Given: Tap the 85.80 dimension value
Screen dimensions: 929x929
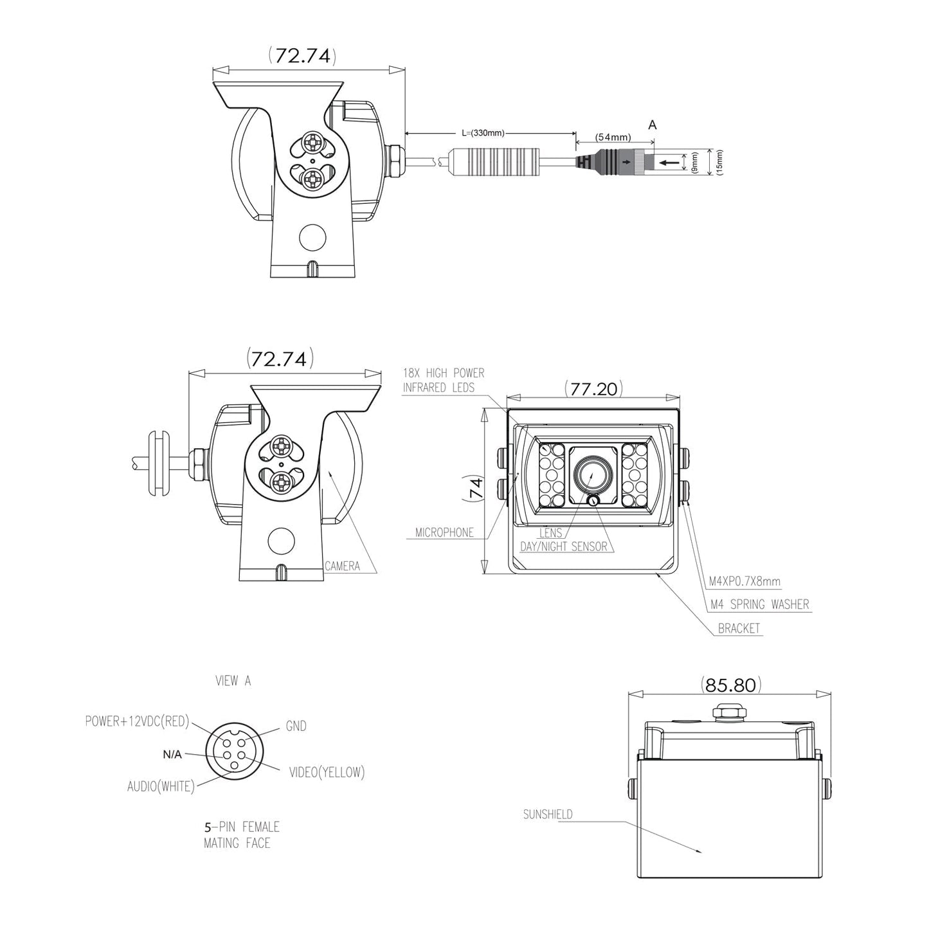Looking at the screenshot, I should (730, 685).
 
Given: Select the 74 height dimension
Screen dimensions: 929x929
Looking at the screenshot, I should (475, 491).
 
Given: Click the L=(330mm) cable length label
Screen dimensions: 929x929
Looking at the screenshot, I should (483, 133).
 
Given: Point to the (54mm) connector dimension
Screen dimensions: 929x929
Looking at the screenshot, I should (613, 137).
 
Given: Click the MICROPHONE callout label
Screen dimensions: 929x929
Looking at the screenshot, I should (444, 532).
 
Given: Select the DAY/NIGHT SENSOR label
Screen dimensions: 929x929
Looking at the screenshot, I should (564, 546).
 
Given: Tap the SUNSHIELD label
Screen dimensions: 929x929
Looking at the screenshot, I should (548, 814).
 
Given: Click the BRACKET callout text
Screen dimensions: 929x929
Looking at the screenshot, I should (739, 628).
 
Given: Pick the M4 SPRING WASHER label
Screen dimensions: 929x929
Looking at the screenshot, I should (759, 604).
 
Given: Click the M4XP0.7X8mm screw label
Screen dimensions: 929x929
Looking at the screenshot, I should (744, 581).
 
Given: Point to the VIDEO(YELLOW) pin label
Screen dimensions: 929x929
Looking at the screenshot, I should (327, 772).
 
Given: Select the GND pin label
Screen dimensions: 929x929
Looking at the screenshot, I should (296, 726).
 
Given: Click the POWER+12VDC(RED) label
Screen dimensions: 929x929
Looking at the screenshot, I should (137, 721).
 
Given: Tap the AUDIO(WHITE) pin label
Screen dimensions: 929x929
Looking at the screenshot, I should (161, 786).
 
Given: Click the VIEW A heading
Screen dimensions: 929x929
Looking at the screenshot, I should (233, 680).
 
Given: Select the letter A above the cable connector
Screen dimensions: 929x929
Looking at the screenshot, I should (653, 125).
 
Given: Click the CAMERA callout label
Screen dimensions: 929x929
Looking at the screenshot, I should (342, 566).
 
